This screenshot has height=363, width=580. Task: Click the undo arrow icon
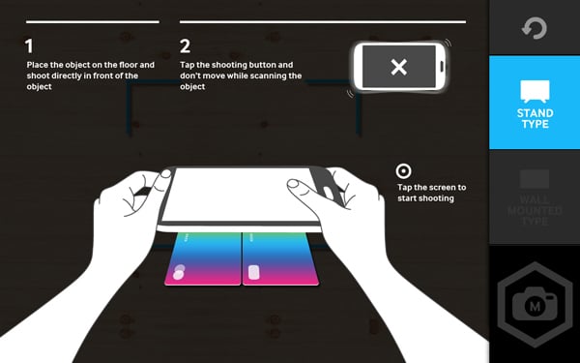click(x=535, y=28)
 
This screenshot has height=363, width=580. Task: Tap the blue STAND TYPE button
click(x=535, y=103)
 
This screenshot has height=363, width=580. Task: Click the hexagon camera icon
click(x=535, y=305)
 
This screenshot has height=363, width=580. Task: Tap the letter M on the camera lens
click(x=535, y=306)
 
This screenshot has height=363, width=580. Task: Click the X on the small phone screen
click(x=398, y=67)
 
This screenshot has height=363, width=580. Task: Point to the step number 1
click(x=29, y=46)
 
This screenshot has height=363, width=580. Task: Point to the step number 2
click(x=185, y=46)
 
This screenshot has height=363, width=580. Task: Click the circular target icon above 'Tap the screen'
click(x=403, y=171)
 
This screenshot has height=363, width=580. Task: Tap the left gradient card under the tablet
click(x=203, y=258)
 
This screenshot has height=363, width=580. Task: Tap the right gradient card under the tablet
click(x=280, y=258)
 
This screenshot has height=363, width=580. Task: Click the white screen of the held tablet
click(x=237, y=195)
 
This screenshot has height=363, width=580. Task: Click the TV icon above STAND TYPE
click(x=535, y=91)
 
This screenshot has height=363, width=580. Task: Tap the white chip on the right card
click(x=253, y=272)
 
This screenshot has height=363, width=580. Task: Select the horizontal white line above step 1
click(x=93, y=22)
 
